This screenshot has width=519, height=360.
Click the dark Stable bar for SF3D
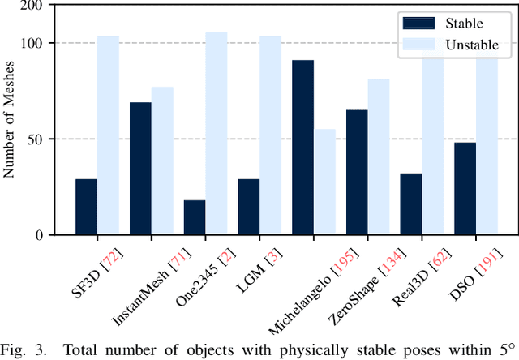click(86, 207)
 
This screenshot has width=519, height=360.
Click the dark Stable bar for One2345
click(195, 217)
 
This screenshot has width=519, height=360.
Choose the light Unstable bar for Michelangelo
click(324, 182)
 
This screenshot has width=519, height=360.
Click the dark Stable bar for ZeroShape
click(357, 172)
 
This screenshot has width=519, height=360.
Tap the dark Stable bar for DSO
click(465, 188)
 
